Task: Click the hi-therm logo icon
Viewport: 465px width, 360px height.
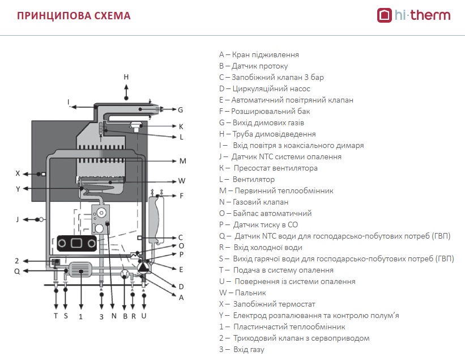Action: point(385,15)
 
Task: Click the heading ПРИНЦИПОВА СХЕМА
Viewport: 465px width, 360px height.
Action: point(74,16)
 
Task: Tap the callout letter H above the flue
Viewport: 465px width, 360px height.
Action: point(126,77)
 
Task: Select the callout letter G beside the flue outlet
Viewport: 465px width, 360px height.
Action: point(180,110)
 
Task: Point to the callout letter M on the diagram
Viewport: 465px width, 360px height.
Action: point(183,161)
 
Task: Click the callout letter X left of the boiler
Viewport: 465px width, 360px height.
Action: point(18,173)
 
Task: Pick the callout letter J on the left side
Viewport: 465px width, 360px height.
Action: point(18,219)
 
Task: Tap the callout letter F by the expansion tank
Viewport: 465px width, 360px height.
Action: point(181,196)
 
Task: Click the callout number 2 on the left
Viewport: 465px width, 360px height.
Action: point(17,261)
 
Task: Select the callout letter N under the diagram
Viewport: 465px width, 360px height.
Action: point(114,316)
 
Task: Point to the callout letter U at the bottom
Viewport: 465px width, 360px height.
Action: point(144,316)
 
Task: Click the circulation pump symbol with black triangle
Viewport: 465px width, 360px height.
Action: point(144,267)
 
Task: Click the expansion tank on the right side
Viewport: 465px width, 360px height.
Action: point(156,219)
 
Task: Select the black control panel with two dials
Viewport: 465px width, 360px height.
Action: point(77,243)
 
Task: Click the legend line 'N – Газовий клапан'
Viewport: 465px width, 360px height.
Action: point(254,202)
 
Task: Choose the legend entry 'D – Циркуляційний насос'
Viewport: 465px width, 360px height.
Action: point(265,89)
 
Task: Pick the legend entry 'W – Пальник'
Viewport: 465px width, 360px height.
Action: point(242,293)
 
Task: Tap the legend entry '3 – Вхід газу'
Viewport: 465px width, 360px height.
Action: point(242,350)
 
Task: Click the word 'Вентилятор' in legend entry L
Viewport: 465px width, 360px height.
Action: point(254,180)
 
